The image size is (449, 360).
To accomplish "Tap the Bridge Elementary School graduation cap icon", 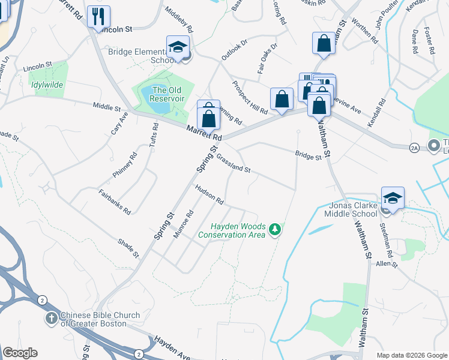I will (x=178, y=47).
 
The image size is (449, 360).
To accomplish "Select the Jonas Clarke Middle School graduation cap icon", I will (x=393, y=197).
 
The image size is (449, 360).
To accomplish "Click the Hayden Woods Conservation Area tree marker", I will (x=275, y=229).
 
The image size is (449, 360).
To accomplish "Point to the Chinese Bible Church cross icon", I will (x=52, y=318).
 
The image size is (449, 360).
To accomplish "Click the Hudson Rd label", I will (x=209, y=193).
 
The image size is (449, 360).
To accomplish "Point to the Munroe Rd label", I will (x=184, y=224).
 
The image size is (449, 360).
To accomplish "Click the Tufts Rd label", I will (x=153, y=136).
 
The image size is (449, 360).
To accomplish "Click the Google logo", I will (x=20, y=353).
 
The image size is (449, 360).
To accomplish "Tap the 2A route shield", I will (x=414, y=147).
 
